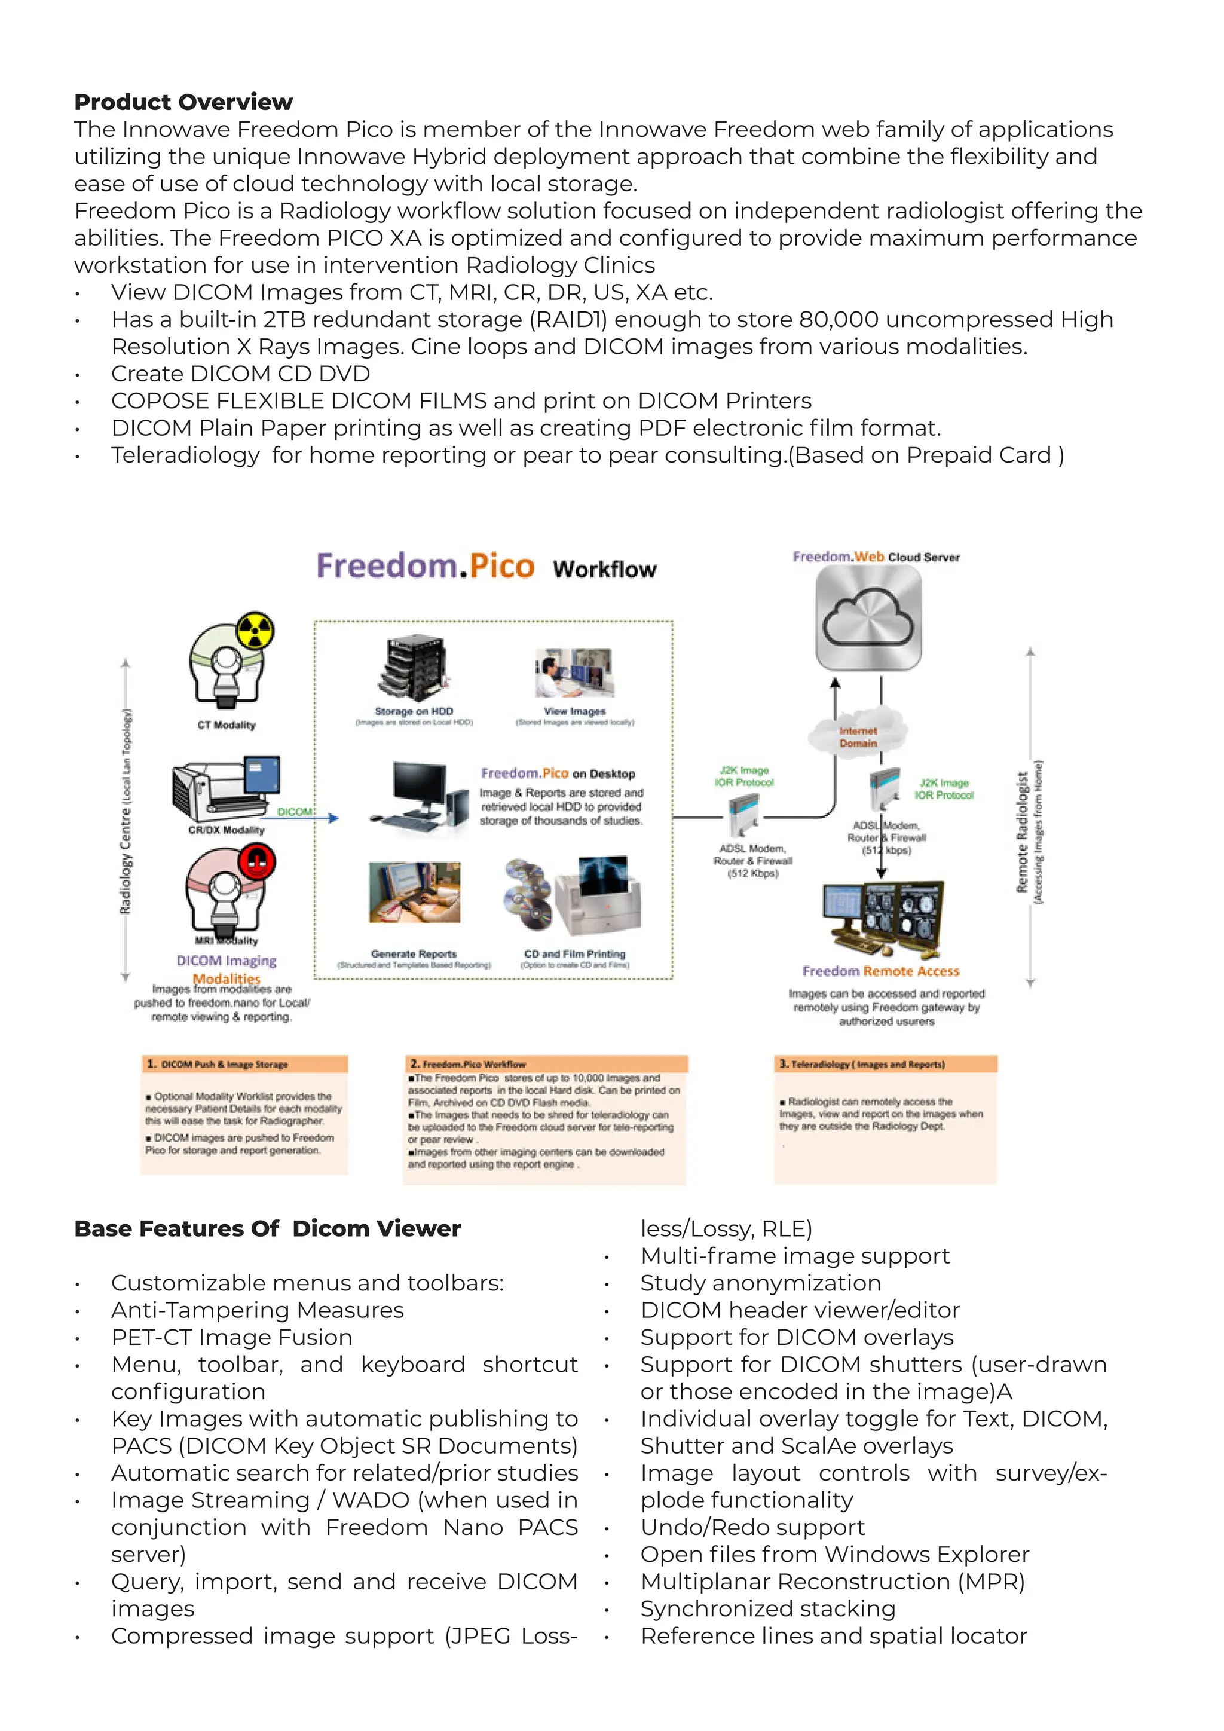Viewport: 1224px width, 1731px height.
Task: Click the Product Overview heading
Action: (183, 102)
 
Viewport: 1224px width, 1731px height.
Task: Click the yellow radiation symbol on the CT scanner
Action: (255, 630)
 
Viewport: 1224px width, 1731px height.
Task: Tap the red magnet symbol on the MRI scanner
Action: (257, 860)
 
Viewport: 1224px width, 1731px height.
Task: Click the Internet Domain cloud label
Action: (858, 736)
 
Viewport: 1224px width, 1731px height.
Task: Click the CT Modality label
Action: (226, 725)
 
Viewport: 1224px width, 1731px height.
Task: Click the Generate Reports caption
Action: (414, 954)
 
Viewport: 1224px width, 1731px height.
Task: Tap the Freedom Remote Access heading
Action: (880, 971)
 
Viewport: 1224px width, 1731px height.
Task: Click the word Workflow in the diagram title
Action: (604, 569)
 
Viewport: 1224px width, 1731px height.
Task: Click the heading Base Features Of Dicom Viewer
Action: (267, 1228)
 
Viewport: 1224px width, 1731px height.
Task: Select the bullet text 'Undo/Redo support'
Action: (752, 1527)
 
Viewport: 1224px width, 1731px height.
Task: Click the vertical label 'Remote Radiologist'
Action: (1022, 831)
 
